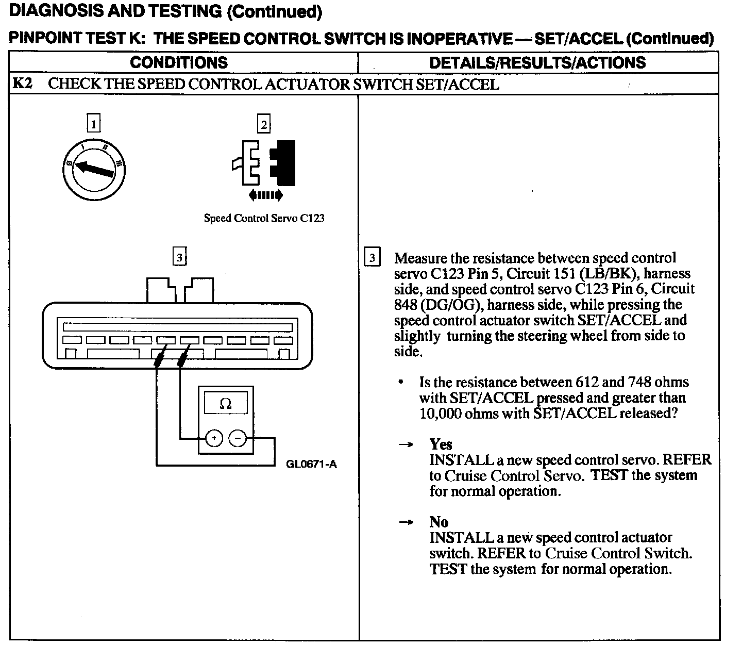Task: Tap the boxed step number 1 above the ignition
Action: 93,124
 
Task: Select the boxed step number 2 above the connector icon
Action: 264,124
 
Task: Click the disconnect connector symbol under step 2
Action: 264,162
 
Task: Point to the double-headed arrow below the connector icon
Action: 265,195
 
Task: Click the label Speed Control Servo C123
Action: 264,218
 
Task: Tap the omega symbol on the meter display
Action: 226,404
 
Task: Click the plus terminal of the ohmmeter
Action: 214,439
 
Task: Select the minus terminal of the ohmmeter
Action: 238,439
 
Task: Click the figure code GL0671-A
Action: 311,464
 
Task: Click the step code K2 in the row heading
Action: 22,84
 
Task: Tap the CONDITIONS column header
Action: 179,62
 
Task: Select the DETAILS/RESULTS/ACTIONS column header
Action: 537,62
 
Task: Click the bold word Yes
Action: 441,444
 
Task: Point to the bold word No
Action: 439,522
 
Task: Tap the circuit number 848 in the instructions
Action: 406,305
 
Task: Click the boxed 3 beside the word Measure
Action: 373,257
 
